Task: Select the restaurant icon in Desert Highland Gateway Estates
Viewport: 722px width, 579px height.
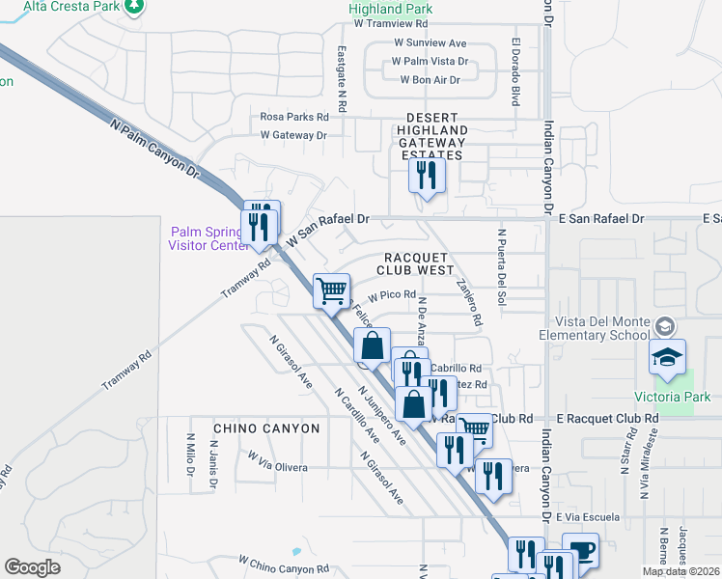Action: pos(425,176)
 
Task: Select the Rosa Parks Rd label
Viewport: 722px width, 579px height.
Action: pos(294,117)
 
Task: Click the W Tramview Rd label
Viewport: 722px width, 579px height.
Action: pos(390,23)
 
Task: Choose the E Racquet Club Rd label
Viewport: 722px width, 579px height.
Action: pos(607,419)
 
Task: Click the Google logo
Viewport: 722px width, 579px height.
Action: pos(32,567)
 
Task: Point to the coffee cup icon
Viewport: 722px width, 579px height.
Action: pos(580,550)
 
